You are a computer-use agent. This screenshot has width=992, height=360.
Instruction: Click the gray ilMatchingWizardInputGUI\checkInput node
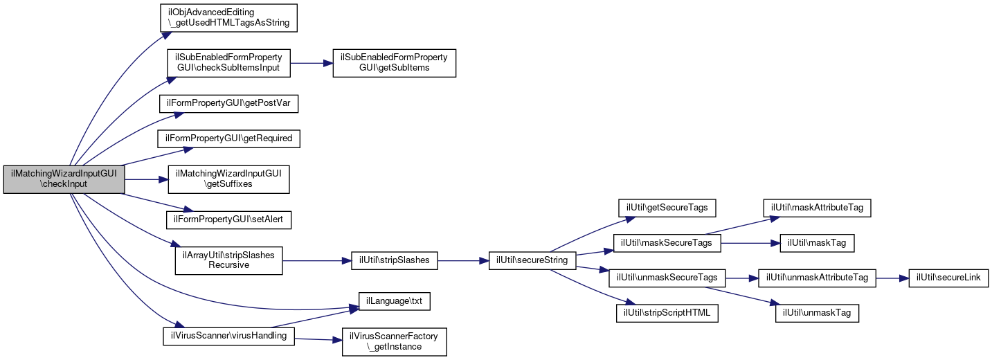[x=64, y=179]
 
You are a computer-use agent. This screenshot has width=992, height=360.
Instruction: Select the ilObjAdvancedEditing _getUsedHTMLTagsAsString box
[x=228, y=17]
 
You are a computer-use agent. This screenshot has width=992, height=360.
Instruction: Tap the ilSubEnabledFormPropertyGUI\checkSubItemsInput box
[x=228, y=63]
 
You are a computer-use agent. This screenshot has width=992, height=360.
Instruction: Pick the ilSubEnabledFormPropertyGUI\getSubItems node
[x=395, y=63]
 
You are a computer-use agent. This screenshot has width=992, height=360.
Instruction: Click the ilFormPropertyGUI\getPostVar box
[x=228, y=102]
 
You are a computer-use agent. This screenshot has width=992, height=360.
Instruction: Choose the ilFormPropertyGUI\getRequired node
[x=228, y=138]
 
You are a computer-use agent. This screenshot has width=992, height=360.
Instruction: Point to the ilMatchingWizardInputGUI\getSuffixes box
[x=228, y=179]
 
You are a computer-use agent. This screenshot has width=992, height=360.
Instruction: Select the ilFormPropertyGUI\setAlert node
[x=228, y=220]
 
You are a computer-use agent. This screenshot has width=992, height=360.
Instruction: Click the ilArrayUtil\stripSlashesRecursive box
[x=228, y=260]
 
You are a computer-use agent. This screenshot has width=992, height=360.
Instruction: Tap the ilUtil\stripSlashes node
[x=395, y=260]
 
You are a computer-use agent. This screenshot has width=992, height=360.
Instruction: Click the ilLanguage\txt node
[x=395, y=301]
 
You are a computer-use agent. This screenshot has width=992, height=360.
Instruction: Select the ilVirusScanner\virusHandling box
[x=228, y=336]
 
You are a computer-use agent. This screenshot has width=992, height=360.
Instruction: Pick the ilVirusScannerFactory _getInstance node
[x=395, y=341]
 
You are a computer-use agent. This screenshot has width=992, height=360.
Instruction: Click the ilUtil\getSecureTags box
[x=667, y=207]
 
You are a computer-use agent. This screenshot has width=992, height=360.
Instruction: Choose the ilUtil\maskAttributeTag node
[x=817, y=207]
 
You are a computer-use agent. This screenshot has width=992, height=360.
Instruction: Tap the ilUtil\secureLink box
[x=948, y=278]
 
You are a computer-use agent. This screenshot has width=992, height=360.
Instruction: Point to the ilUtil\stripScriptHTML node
[x=667, y=314]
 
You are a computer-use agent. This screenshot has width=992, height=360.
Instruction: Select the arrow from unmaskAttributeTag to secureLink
[x=892, y=278]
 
